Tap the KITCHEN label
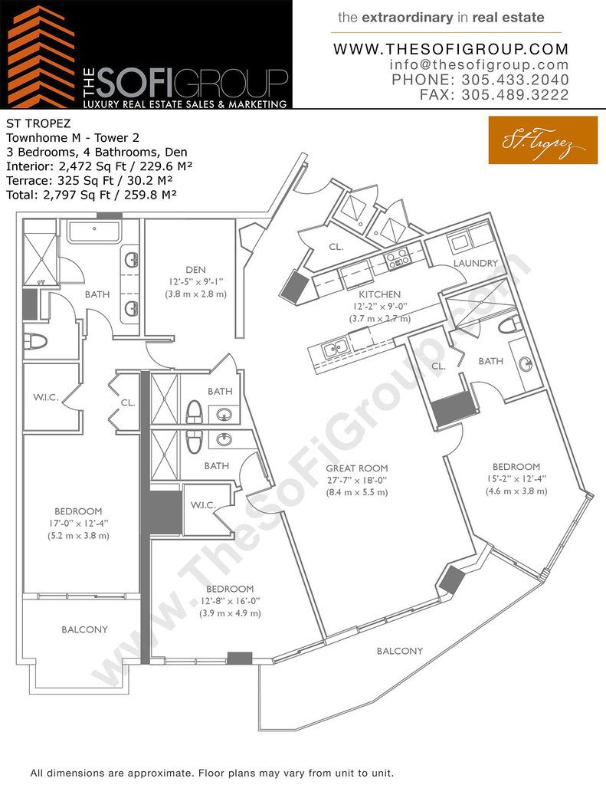tap(379, 294)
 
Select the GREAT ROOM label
tap(356, 468)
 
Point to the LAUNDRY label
tap(475, 263)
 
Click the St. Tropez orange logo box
tap(542, 140)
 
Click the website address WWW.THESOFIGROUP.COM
tap(451, 49)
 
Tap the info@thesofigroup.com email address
tap(479, 65)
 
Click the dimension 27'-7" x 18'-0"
tap(356, 480)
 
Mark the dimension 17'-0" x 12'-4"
tap(78, 524)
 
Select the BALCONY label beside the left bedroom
tap(84, 629)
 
